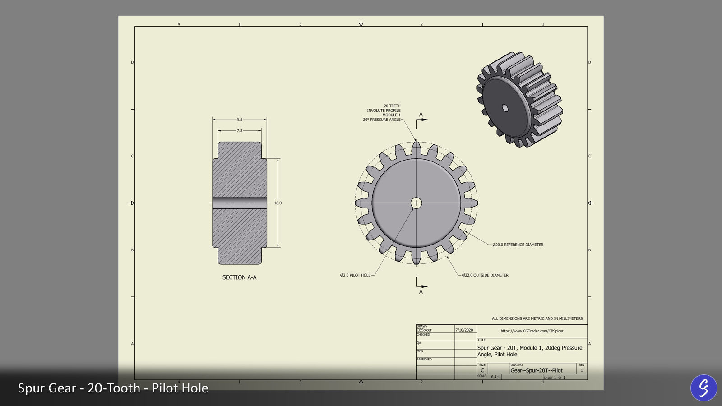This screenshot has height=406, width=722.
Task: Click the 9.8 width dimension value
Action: pos(239,120)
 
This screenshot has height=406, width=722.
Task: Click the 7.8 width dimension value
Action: pos(239,131)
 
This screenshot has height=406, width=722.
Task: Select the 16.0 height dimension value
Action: pos(278,203)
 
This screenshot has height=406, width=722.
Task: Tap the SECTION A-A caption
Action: pos(239,277)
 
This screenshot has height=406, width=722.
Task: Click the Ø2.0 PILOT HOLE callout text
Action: pos(355,275)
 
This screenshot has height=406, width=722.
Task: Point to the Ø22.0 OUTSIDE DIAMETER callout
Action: pos(485,275)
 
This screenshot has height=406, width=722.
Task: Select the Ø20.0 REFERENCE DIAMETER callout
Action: pos(518,245)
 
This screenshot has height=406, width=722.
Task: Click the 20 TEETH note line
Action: pos(392,106)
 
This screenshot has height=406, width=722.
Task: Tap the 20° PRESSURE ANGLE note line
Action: pos(381,120)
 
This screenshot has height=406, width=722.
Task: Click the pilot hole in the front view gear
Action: pos(416,203)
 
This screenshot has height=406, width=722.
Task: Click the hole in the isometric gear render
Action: pos(505,108)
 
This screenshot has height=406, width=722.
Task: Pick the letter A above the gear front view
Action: pos(421,115)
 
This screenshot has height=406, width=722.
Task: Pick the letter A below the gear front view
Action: pos(421,292)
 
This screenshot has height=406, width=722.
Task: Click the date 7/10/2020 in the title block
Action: pos(464,330)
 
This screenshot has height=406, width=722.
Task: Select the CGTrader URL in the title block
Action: pos(532,331)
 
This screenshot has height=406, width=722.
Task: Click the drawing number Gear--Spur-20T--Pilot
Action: pos(536,370)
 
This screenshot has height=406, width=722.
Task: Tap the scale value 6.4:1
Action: pos(495,377)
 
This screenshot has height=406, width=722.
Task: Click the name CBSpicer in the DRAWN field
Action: pos(424,330)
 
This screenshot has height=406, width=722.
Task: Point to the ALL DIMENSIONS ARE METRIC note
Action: pos(537,318)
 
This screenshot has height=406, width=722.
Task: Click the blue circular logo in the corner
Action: pos(703,388)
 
